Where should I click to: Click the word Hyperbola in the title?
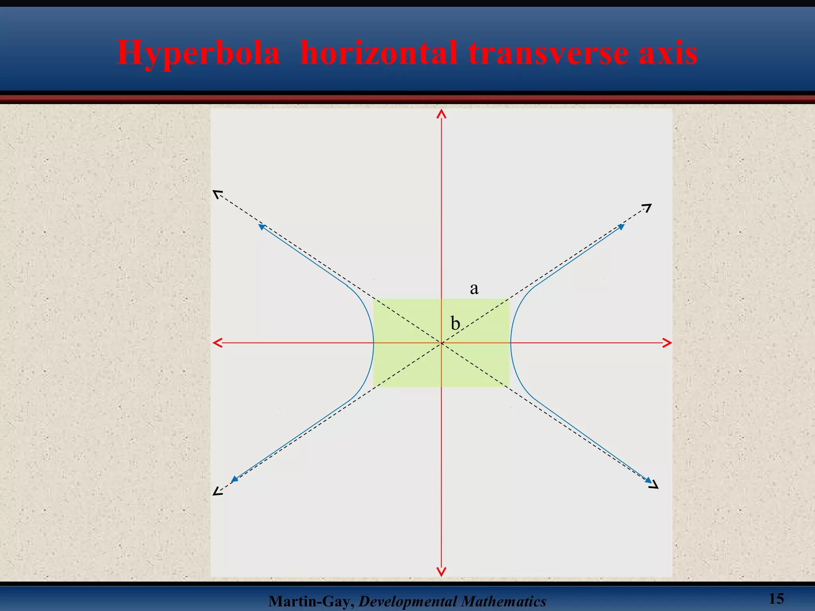click(x=198, y=53)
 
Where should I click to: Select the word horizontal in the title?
click(x=378, y=53)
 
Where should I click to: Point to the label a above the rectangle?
click(x=474, y=288)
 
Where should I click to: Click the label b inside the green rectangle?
click(x=455, y=323)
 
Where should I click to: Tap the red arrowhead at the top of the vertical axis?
click(x=441, y=115)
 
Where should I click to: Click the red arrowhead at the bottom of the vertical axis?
click(x=441, y=572)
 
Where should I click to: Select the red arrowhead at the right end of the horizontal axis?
click(x=667, y=342)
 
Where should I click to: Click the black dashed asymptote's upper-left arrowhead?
click(x=217, y=194)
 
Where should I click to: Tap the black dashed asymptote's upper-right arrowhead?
click(x=647, y=207)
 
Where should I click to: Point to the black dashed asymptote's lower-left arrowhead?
click(x=217, y=492)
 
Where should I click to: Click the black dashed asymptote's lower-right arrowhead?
click(x=653, y=485)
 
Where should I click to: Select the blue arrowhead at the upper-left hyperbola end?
click(x=261, y=227)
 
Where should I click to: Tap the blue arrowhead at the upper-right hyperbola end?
click(x=621, y=227)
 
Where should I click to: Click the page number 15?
click(x=776, y=599)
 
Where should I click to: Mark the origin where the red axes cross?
click(x=441, y=342)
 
